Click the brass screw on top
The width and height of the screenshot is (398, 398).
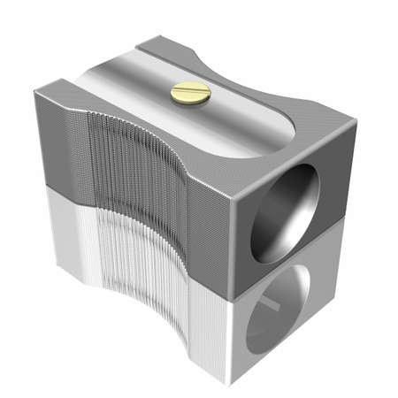coord(190,91)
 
